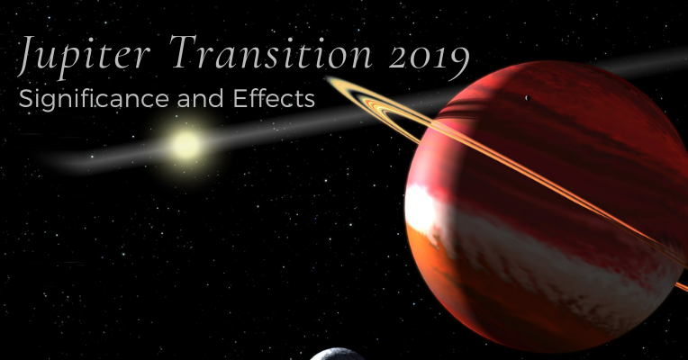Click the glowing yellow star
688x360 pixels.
(186, 144)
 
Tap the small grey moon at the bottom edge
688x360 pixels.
(338, 355)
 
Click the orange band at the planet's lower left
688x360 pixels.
(441, 270)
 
